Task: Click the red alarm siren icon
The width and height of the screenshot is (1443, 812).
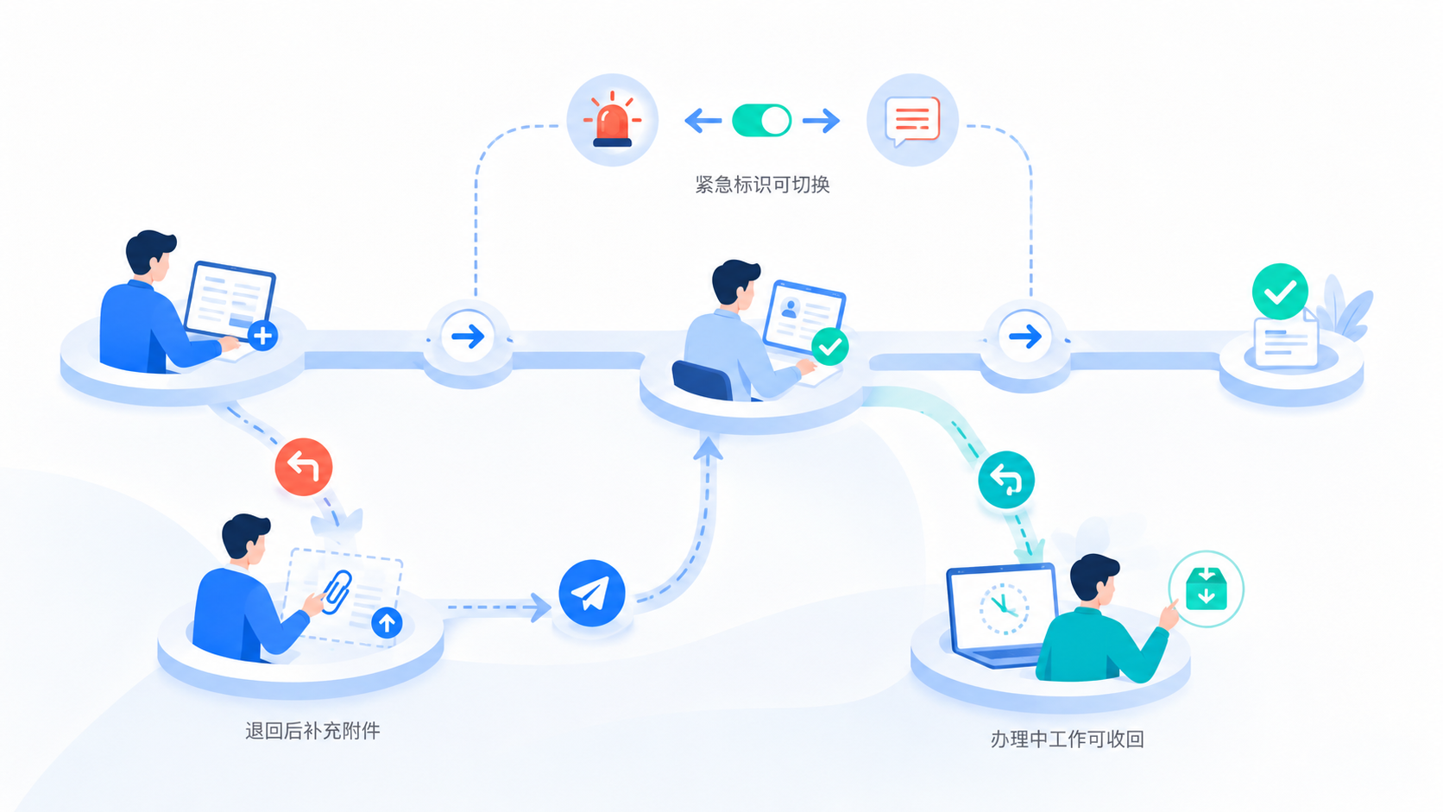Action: [x=612, y=120]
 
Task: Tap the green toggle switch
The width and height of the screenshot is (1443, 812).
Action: [x=762, y=121]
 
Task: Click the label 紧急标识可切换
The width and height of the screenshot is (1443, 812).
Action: [x=762, y=185]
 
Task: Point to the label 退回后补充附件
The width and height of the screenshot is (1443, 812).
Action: [x=312, y=731]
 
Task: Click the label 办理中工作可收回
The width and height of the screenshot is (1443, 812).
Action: [x=1068, y=740]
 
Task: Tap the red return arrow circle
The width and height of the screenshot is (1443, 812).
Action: [x=304, y=467]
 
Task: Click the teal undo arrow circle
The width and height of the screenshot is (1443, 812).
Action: [x=1006, y=480]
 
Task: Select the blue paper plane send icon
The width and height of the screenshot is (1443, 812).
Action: [x=591, y=593]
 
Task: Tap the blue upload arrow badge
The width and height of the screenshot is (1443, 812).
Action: [x=388, y=623]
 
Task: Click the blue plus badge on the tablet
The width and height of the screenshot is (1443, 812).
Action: [x=263, y=336]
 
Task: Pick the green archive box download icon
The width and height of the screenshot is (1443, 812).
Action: [x=1206, y=589]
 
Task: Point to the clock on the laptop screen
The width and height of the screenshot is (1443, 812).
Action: [x=1004, y=608]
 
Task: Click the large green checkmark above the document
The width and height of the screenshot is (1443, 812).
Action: [x=1280, y=292]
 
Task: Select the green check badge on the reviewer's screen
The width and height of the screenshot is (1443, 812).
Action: [x=829, y=347]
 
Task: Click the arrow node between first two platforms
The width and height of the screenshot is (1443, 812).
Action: [x=468, y=337]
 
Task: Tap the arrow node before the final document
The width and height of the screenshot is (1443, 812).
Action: [x=1025, y=337]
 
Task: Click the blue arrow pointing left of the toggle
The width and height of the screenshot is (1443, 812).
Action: [x=703, y=121]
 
